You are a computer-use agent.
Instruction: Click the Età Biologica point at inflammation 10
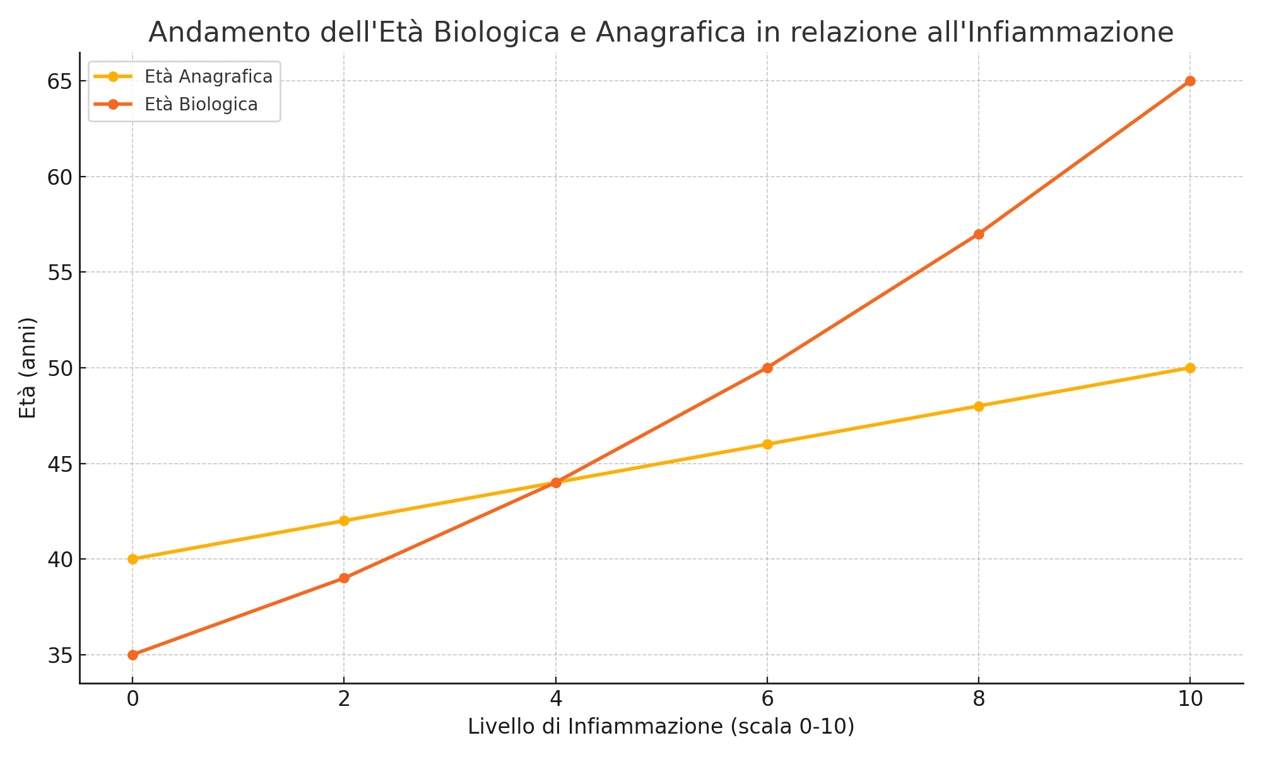[1190, 81]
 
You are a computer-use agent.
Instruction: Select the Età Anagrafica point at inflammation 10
[1190, 368]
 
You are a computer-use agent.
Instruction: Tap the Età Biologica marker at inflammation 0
[133, 655]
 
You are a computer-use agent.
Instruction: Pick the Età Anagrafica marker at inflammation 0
[133, 559]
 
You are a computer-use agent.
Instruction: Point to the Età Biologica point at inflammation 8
[979, 234]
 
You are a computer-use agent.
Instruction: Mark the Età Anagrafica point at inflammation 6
[767, 444]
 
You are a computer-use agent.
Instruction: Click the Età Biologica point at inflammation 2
[344, 578]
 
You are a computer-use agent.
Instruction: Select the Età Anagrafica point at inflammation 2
[344, 520]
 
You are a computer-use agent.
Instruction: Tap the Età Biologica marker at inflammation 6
[767, 368]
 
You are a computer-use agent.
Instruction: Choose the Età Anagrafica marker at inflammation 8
[979, 406]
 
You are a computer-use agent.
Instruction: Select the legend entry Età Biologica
[201, 105]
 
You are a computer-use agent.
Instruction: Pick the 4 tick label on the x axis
[555, 698]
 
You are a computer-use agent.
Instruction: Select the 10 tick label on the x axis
[1190, 698]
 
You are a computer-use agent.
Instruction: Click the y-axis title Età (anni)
[28, 368]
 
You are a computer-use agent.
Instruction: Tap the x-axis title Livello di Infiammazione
[661, 727]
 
